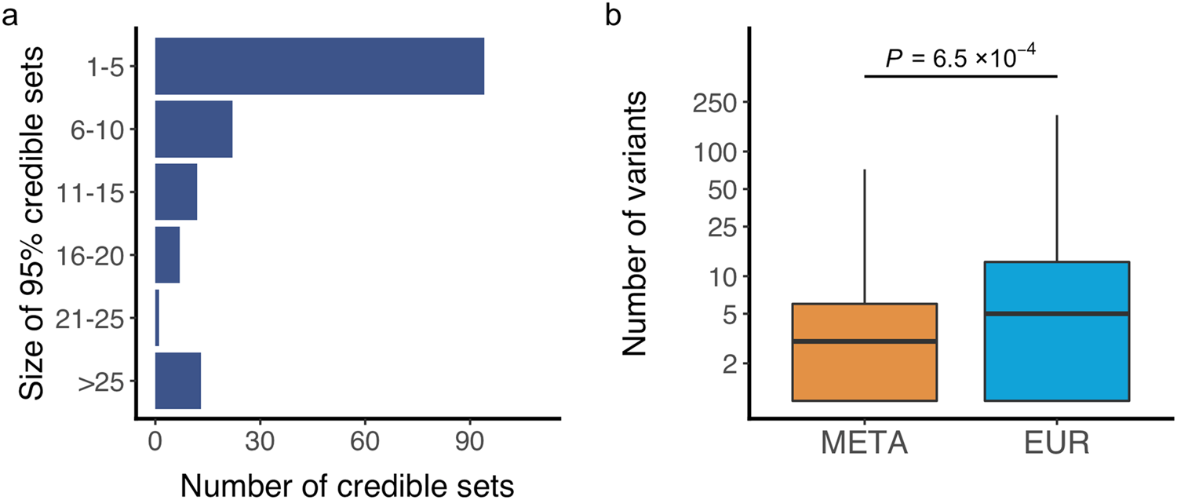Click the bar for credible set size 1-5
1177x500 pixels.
tap(319, 66)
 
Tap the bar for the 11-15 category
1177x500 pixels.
tap(176, 192)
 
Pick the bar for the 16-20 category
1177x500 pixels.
tap(167, 254)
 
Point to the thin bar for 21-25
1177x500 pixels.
tap(157, 317)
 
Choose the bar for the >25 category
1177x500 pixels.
tap(178, 381)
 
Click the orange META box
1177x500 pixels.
tap(864, 369)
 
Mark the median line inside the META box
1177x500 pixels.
tap(864, 341)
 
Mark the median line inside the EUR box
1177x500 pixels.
tap(1056, 313)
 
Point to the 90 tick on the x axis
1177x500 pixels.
tap(469, 442)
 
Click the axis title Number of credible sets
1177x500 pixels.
tap(348, 484)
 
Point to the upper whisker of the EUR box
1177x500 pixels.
tap(1056, 188)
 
